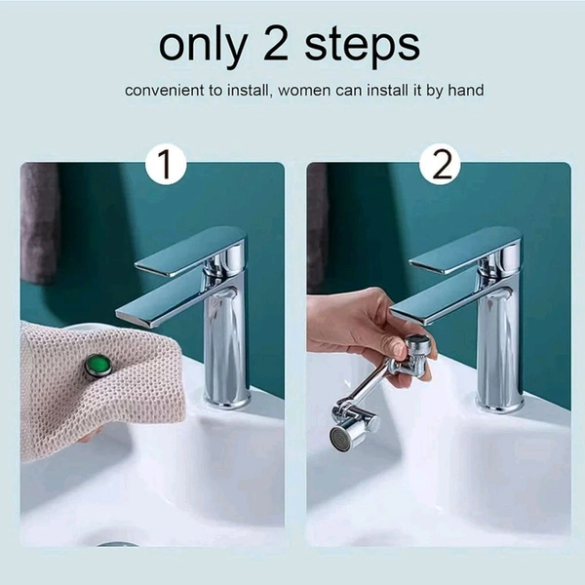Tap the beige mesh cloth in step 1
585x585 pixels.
[78, 400]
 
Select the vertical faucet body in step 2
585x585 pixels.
[499, 341]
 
